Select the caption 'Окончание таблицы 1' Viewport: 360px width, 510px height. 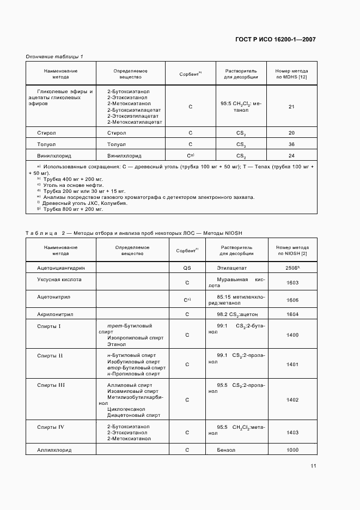[54, 57]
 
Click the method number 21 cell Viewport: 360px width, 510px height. [291, 107]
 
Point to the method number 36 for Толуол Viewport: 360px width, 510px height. [291, 144]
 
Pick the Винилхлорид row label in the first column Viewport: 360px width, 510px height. [54, 155]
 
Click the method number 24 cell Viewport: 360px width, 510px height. [291, 155]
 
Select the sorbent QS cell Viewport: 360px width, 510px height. [187, 268]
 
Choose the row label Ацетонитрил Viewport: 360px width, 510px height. [54, 298]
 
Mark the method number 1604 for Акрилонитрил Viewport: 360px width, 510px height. [292, 314]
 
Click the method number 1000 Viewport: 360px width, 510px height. [292, 450]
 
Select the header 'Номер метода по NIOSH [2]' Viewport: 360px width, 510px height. [292, 250]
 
